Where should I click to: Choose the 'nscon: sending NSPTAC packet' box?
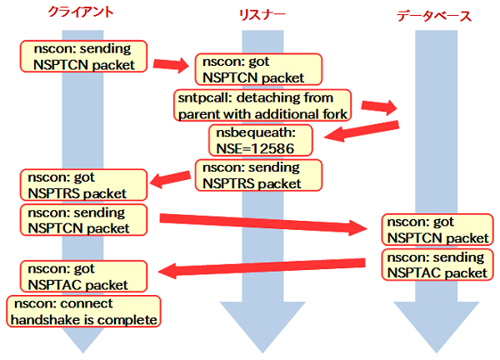435,265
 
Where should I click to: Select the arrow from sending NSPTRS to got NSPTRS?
171,177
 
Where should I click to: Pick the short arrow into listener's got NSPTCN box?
172,64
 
